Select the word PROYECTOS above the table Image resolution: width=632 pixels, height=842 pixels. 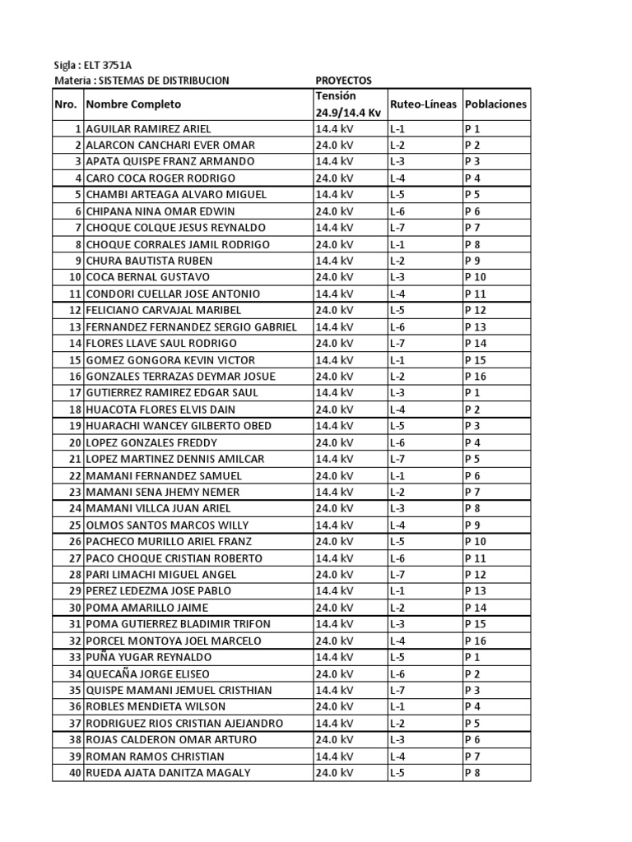pos(344,81)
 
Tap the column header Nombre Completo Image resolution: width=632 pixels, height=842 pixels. pos(133,104)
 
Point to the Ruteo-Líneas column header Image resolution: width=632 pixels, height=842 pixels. pos(423,104)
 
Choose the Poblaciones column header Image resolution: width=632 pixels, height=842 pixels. pos(495,104)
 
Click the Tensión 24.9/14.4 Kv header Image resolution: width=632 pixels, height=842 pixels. pos(348,104)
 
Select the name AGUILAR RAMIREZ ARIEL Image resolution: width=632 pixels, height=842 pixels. pos(148,129)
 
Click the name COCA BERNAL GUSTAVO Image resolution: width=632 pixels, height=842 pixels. pos(147,277)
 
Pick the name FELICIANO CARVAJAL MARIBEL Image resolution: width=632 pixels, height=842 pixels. pos(163,310)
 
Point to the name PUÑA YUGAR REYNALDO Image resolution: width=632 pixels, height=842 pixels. pos(148,657)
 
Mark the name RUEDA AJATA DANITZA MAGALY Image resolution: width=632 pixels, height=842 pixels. pos(168,773)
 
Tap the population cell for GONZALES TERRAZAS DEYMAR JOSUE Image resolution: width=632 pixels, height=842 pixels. pos(476,376)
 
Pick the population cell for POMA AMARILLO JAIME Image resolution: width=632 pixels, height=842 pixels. pos(476,608)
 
